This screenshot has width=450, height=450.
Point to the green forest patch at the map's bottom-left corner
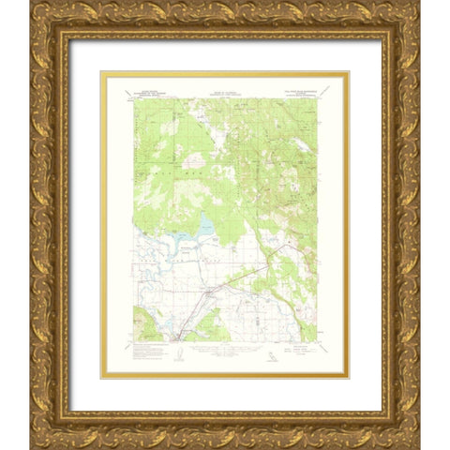(x=150, y=323)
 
